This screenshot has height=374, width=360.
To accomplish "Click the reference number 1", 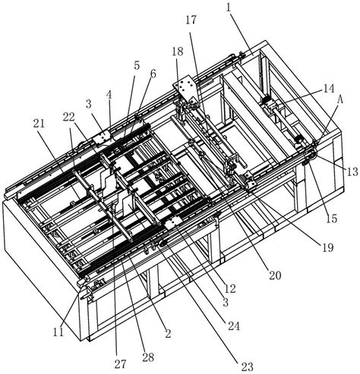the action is (x=229, y=8).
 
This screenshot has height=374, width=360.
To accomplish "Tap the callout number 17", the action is (x=191, y=20).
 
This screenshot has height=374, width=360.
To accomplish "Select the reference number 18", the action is (x=178, y=52).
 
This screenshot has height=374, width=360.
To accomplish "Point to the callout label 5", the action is (x=137, y=65).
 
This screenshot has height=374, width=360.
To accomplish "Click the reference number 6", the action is (x=153, y=74).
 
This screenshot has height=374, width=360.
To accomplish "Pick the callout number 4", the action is (x=109, y=96).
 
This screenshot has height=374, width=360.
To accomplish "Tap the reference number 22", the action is (x=68, y=117).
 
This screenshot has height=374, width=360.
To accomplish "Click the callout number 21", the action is (x=39, y=124).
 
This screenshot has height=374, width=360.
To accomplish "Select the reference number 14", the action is (x=328, y=89).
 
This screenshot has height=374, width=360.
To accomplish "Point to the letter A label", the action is (x=340, y=99).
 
